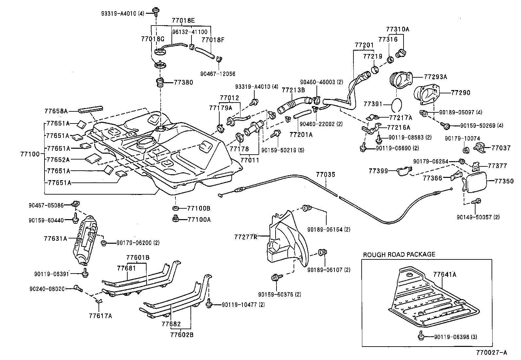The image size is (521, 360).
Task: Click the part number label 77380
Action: tap(184, 83)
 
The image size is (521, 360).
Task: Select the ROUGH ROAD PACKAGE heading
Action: tap(399, 254)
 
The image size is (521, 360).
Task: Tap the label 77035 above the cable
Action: tap(325, 175)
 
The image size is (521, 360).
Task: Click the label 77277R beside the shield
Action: tap(245, 237)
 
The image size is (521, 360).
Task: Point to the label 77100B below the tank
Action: tap(198, 208)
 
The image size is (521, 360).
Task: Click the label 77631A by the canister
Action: tap(55, 238)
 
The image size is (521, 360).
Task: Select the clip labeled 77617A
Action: tap(99, 301)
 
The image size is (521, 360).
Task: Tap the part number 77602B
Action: tap(182, 335)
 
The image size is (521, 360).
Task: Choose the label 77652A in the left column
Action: tap(58, 160)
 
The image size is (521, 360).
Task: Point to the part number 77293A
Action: tap(435, 77)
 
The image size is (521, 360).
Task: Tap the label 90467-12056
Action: tap(218, 74)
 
